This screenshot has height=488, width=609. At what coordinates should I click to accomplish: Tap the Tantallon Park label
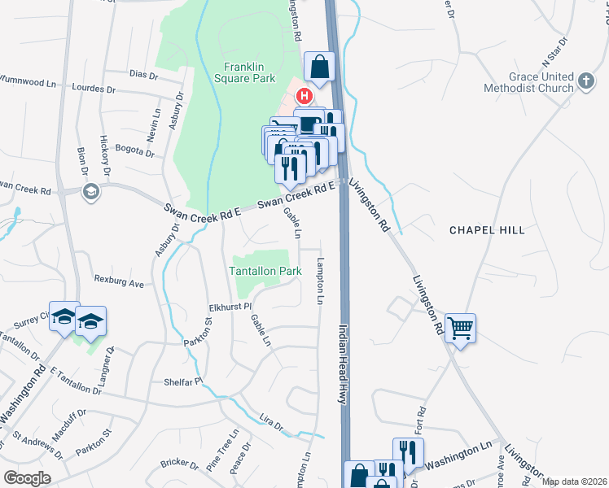click(265, 271)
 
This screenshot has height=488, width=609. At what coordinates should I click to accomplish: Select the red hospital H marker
click(304, 96)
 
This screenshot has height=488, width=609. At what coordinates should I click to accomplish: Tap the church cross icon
click(585, 80)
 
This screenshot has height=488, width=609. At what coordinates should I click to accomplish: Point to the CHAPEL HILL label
click(488, 230)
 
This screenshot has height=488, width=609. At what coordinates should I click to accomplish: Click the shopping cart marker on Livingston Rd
click(461, 329)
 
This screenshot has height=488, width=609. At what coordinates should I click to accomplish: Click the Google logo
click(27, 477)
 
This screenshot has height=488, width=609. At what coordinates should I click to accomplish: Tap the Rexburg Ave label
click(119, 285)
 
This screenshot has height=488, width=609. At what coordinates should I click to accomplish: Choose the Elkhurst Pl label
click(230, 308)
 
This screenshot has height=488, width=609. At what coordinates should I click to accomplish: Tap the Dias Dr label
click(142, 74)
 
